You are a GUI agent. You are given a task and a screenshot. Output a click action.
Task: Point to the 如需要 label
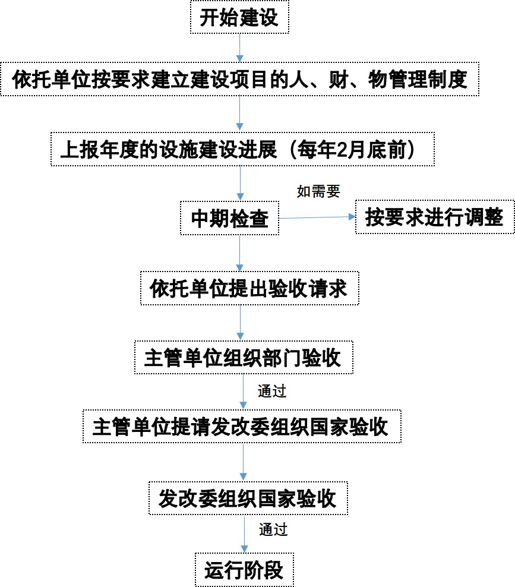(x=318, y=191)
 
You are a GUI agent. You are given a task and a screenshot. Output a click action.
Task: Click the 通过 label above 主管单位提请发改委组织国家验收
(x=272, y=391)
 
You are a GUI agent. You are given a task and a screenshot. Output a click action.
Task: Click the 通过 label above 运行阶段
(x=273, y=530)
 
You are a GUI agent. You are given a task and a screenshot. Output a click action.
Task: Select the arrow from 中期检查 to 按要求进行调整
(x=317, y=217)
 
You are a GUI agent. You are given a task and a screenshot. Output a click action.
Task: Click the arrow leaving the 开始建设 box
(x=239, y=48)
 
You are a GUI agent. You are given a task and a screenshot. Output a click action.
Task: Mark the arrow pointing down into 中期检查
(x=240, y=184)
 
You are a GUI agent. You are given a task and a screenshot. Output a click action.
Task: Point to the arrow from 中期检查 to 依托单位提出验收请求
(x=240, y=253)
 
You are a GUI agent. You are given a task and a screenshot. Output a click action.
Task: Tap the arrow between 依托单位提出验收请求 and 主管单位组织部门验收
(x=241, y=323)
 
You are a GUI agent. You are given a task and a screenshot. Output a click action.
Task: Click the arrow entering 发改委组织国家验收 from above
(x=244, y=462)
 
